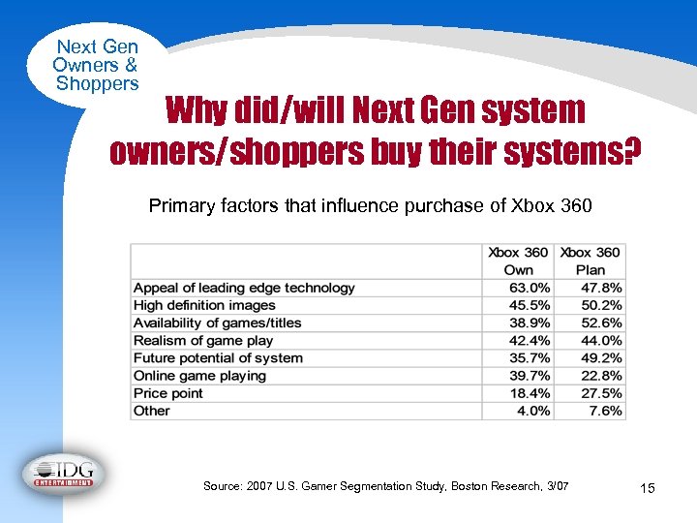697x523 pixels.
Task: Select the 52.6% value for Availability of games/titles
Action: pyautogui.click(x=600, y=323)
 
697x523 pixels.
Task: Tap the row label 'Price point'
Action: pyautogui.click(x=168, y=393)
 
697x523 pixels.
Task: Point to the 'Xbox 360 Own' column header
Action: pyautogui.click(x=519, y=261)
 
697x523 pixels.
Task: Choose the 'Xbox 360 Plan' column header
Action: pyautogui.click(x=591, y=261)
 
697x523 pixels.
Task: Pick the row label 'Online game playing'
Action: pyautogui.click(x=199, y=376)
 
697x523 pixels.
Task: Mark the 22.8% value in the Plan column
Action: pyautogui.click(x=600, y=376)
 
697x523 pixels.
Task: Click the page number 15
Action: pyautogui.click(x=648, y=488)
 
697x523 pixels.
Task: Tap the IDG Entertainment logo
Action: pyautogui.click(x=64, y=474)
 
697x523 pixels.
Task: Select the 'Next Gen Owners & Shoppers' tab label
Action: pyautogui.click(x=97, y=65)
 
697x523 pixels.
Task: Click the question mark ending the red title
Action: pyautogui.click(x=631, y=151)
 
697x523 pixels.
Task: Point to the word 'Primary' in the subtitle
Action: pyautogui.click(x=177, y=205)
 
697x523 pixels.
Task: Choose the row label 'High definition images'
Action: pyautogui.click(x=204, y=305)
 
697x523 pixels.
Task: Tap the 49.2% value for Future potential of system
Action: pyautogui.click(x=600, y=358)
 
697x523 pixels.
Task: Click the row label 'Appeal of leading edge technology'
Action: pyautogui.click(x=244, y=288)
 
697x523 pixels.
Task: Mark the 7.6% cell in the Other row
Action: pyautogui.click(x=605, y=411)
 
